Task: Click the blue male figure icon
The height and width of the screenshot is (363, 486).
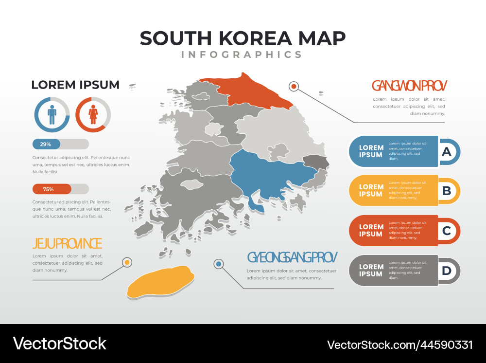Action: click(52, 115)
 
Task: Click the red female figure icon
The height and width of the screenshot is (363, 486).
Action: click(93, 115)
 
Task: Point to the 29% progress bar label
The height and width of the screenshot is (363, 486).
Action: click(46, 144)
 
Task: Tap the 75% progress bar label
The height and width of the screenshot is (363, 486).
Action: click(48, 189)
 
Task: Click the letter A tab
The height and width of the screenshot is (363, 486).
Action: click(447, 151)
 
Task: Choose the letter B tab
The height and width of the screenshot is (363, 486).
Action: click(447, 191)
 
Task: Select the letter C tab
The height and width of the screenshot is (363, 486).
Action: click(447, 231)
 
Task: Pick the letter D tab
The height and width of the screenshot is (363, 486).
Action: click(447, 271)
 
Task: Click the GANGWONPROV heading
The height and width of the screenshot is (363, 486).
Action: click(409, 86)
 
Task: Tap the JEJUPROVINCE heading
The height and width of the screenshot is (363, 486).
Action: click(67, 243)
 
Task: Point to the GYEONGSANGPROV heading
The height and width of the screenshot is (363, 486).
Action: click(292, 257)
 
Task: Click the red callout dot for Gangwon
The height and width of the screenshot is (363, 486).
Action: click(294, 87)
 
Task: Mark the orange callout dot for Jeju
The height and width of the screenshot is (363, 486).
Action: click(127, 262)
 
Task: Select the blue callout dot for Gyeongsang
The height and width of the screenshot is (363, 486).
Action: click(219, 264)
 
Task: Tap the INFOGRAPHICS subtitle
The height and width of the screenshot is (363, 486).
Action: click(242, 54)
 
